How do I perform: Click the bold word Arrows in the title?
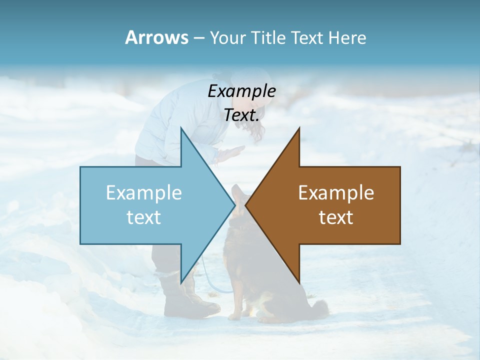tap(156, 37)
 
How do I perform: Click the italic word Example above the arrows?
tap(241, 91)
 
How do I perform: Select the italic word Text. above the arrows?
tap(241, 115)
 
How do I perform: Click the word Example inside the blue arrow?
tap(144, 192)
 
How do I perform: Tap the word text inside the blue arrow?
tap(144, 217)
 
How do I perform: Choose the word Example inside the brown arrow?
tap(336, 192)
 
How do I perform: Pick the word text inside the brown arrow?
tap(336, 217)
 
